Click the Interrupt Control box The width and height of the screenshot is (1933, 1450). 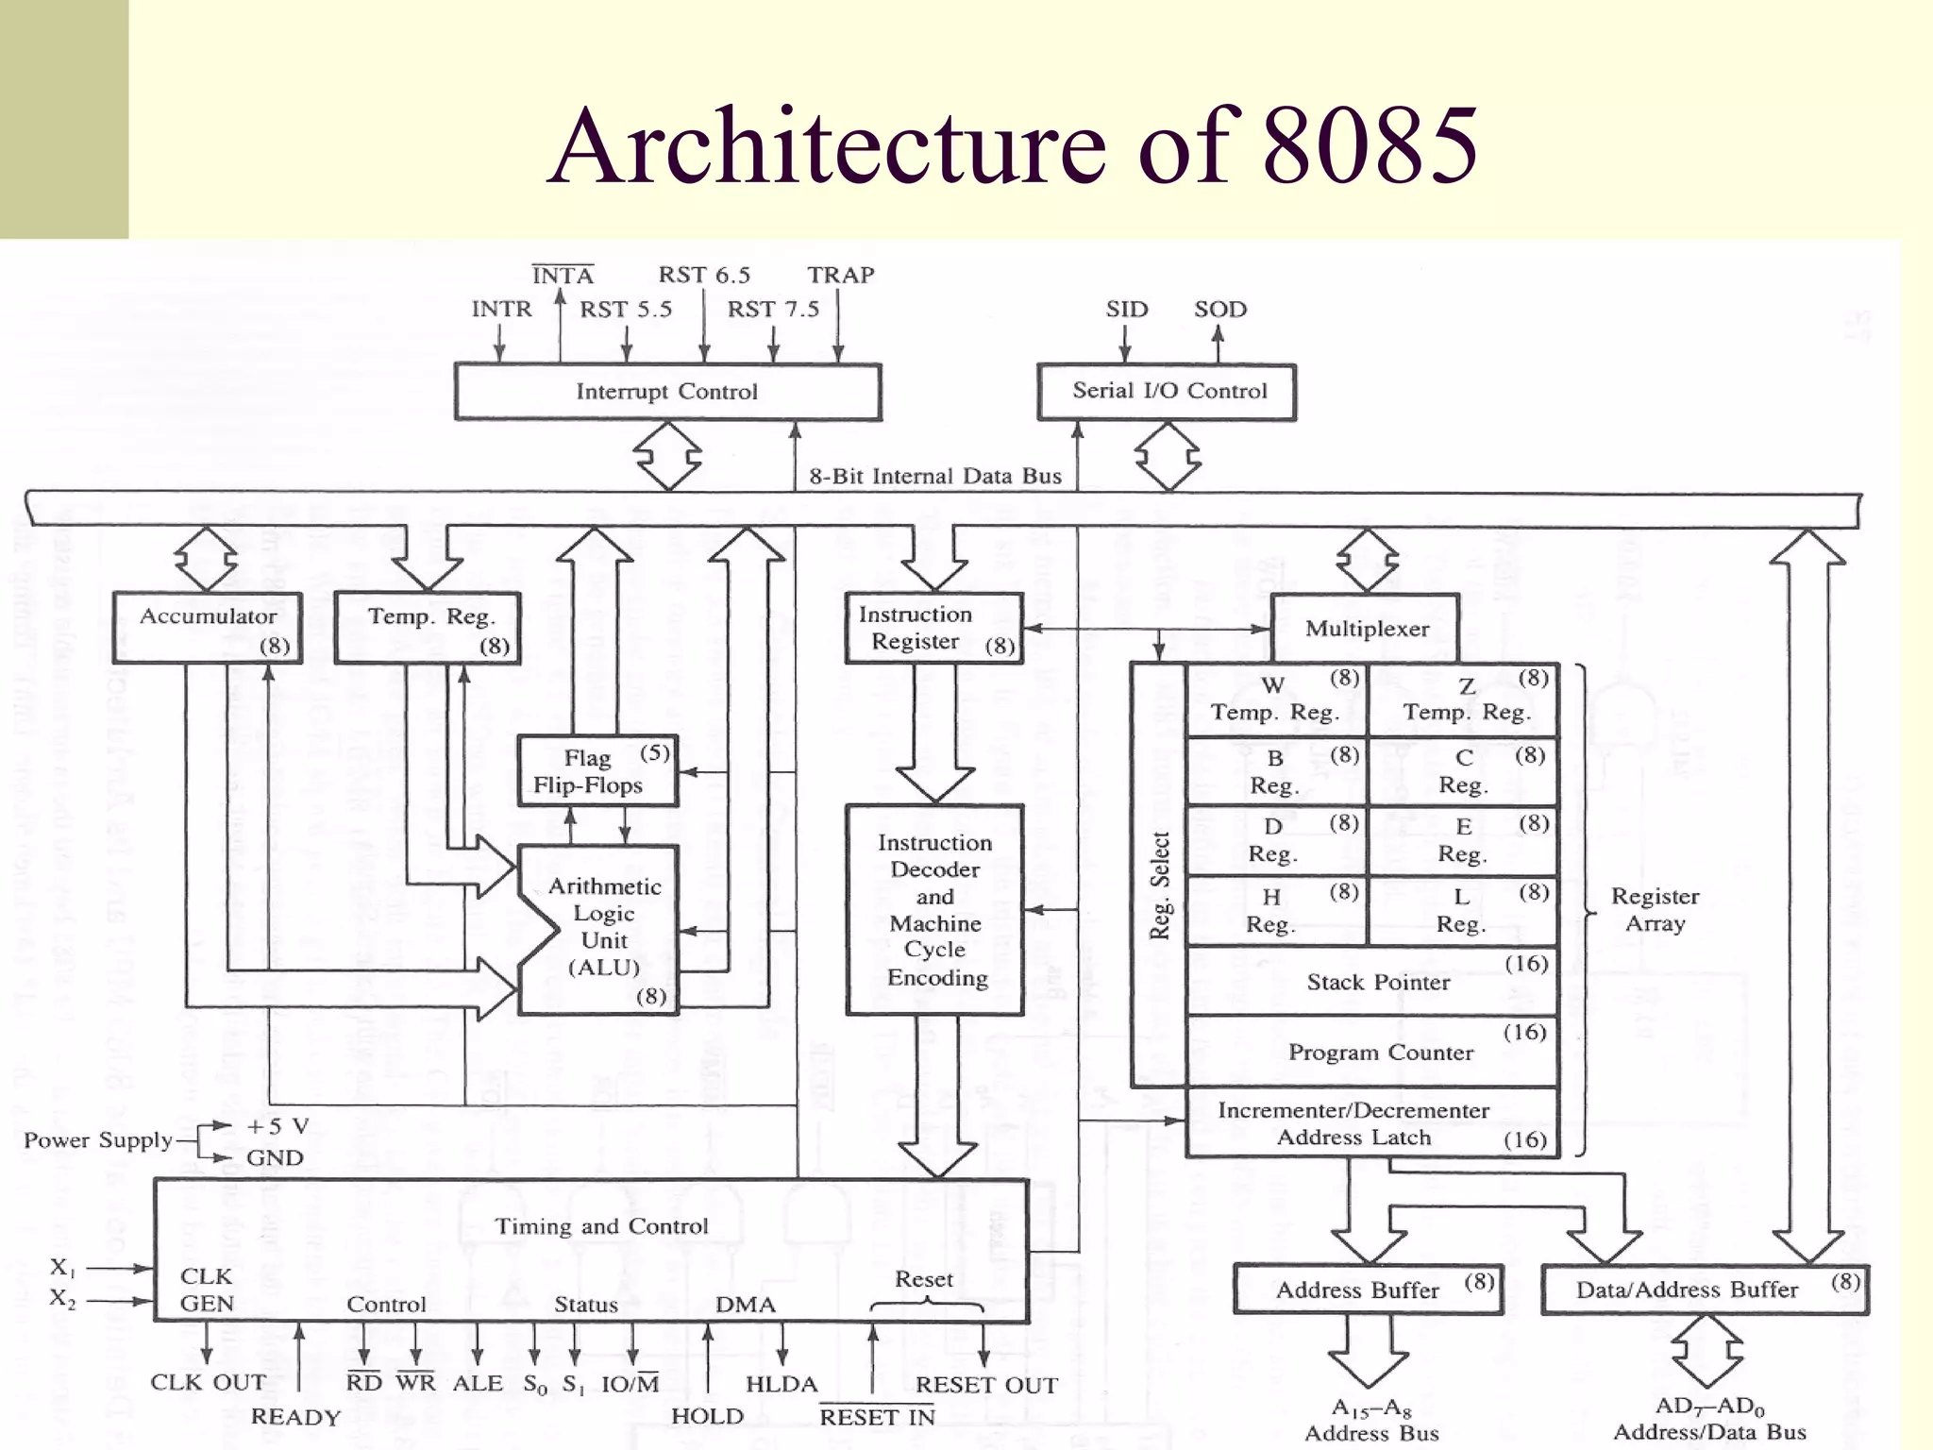point(667,392)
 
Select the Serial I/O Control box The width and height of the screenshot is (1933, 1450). point(1168,392)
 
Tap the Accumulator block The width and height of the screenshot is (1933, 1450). point(208,628)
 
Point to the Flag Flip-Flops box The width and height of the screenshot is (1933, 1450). point(597,771)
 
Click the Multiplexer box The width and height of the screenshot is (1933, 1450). point(1366,629)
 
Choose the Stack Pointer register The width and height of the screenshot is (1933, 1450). point(1373,982)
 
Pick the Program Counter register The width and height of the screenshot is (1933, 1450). point(1373,1052)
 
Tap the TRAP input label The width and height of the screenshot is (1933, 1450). point(840,275)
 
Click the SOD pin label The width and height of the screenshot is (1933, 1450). point(1219,309)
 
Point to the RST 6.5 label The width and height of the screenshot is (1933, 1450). point(704,275)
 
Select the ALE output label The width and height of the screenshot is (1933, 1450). point(478,1383)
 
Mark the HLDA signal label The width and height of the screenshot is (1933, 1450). point(782,1384)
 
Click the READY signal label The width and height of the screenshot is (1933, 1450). point(295,1417)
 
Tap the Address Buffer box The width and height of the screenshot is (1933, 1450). point(1368,1290)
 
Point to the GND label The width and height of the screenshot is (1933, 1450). point(275,1157)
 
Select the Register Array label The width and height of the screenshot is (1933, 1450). point(1655,909)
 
